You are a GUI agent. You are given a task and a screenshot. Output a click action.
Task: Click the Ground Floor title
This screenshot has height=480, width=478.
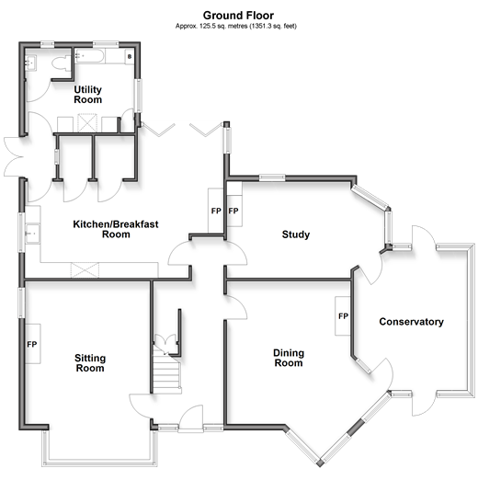[238, 16]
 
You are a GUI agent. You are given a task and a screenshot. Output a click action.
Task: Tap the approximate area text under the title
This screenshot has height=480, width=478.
[236, 26]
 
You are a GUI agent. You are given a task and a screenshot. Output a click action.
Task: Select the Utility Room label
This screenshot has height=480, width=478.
[88, 95]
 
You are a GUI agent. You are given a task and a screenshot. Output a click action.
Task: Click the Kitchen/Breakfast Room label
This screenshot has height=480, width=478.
[116, 229]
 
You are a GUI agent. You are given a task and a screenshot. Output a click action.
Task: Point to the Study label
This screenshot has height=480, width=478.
[296, 234]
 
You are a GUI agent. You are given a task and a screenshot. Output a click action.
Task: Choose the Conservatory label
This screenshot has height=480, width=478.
[411, 322]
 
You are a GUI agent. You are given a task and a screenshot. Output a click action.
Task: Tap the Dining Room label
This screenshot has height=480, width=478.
[289, 358]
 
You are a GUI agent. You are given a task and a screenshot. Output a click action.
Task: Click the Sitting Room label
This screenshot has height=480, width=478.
[90, 363]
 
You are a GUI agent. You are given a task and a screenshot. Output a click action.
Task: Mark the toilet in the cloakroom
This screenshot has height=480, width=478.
[62, 63]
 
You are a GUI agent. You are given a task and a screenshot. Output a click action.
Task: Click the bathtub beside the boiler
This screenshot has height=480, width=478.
[89, 56]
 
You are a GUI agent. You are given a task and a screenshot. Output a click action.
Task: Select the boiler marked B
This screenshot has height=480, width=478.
[130, 57]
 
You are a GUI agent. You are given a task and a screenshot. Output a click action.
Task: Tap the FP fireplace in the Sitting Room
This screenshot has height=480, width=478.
[32, 344]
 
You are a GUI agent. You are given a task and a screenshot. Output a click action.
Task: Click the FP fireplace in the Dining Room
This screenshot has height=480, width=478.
[343, 316]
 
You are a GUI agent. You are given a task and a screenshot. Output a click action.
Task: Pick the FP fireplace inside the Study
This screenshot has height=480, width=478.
[234, 211]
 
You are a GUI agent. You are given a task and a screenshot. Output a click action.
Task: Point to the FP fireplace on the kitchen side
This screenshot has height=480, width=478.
[216, 211]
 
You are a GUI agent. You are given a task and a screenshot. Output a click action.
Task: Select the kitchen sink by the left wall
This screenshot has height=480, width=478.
[32, 234]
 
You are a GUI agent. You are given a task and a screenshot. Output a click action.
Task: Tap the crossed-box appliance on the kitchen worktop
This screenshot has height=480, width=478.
[85, 270]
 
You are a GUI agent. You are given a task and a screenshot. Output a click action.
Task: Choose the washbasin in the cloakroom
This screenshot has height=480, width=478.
[30, 63]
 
